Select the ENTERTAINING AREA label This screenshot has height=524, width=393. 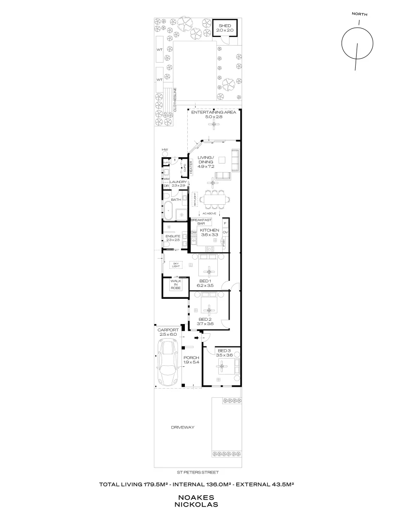tap(213, 112)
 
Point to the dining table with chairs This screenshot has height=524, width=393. tap(213, 198)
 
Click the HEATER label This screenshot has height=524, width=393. tap(191, 167)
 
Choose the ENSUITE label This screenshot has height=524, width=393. tap(173, 236)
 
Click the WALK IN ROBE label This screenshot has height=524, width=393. tap(175, 285)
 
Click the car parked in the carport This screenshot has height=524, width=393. tap(168, 361)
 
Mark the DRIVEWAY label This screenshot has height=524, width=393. tap(182, 427)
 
